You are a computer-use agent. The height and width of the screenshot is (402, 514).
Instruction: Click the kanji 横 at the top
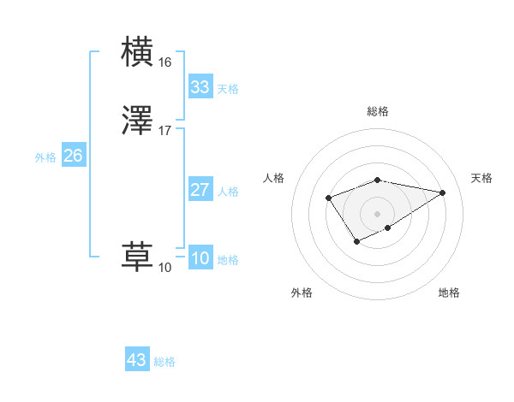pos(139,50)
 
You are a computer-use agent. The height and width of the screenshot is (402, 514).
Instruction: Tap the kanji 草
pos(139,257)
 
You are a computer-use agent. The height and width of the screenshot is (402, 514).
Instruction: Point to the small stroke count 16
pos(164,62)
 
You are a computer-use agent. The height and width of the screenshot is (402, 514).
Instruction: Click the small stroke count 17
pos(164,131)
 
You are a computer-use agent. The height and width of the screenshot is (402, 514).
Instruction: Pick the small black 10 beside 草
pos(164,268)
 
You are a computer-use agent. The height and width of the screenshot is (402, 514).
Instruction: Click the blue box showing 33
pos(200,87)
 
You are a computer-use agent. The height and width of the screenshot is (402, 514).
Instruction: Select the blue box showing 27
pos(200,190)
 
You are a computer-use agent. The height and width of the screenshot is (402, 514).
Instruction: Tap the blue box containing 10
pos(200,258)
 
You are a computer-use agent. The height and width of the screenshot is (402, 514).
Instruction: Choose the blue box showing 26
pos(74,156)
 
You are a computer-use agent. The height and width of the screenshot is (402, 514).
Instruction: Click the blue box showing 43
pos(136,360)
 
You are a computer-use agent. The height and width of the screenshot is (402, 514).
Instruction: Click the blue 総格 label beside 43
pos(164,362)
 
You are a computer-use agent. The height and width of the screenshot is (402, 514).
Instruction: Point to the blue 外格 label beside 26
pos(45,157)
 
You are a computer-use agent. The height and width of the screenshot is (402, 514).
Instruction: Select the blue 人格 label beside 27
pos(228,192)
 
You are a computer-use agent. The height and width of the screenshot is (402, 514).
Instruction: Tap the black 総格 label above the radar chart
pos(378,111)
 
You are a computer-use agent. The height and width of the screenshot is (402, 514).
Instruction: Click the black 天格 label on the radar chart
pos(481,178)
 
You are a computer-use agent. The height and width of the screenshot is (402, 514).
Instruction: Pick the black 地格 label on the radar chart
pos(449,293)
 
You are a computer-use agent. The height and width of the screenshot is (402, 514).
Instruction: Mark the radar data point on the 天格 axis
pos(443,192)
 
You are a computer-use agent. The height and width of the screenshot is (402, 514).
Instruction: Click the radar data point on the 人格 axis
pos(329,198)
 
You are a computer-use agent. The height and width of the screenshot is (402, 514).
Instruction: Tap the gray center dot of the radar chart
pos(378,213)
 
